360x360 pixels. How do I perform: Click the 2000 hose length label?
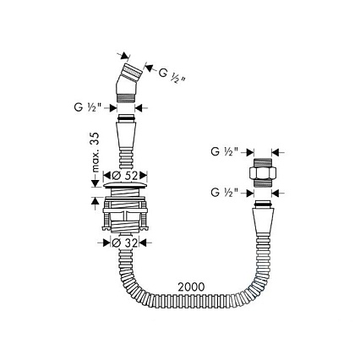tap(191, 286)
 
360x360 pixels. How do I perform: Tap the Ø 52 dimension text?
tap(125, 176)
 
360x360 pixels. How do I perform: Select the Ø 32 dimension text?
tap(125, 243)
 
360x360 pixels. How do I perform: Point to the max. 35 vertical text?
tap(96, 152)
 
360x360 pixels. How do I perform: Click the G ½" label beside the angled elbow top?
tap(172, 76)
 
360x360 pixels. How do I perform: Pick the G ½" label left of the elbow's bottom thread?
tap(88, 108)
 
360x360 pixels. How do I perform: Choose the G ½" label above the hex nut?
tap(225, 152)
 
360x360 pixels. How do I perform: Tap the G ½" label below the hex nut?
tap(225, 193)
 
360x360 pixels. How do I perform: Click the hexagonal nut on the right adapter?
tap(263, 173)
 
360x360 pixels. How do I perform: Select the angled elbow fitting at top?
tap(128, 83)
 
